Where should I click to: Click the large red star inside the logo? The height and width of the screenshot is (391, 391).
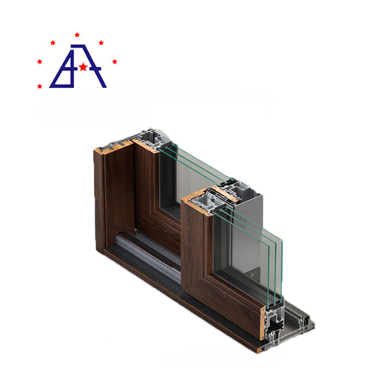point(83,66)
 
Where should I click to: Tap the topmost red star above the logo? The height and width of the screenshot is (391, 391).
point(77,35)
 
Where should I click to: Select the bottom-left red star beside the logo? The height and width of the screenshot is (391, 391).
point(40,86)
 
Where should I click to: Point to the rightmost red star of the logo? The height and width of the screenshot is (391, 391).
point(115,62)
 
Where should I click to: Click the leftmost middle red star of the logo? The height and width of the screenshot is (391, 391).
point(40,61)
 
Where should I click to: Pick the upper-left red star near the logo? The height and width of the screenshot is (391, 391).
point(53,42)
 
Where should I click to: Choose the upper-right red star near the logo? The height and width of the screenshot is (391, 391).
point(101,42)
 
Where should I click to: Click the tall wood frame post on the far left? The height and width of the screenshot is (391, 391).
point(108,202)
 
